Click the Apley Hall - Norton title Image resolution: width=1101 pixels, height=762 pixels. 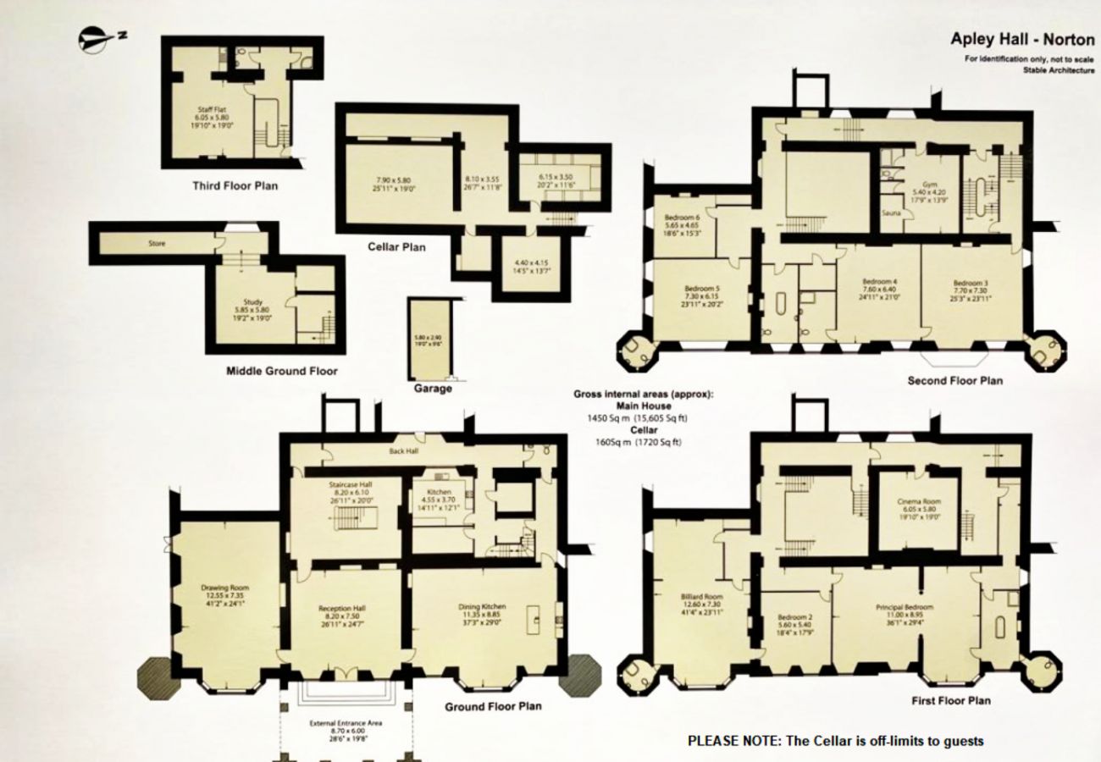pos(1021,39)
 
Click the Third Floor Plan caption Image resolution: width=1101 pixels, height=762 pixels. pos(235,185)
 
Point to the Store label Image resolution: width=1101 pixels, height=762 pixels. pos(157,244)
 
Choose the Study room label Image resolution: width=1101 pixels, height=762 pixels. pos(253,302)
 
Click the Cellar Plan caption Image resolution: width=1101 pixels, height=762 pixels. pos(396,247)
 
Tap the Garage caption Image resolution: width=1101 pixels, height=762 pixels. pos(433,389)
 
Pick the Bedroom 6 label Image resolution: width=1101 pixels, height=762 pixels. pos(682,218)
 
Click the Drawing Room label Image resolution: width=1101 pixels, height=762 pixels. pos(224,587)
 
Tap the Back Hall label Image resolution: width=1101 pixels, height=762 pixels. pos(404,453)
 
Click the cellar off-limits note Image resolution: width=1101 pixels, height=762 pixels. pos(835,741)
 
